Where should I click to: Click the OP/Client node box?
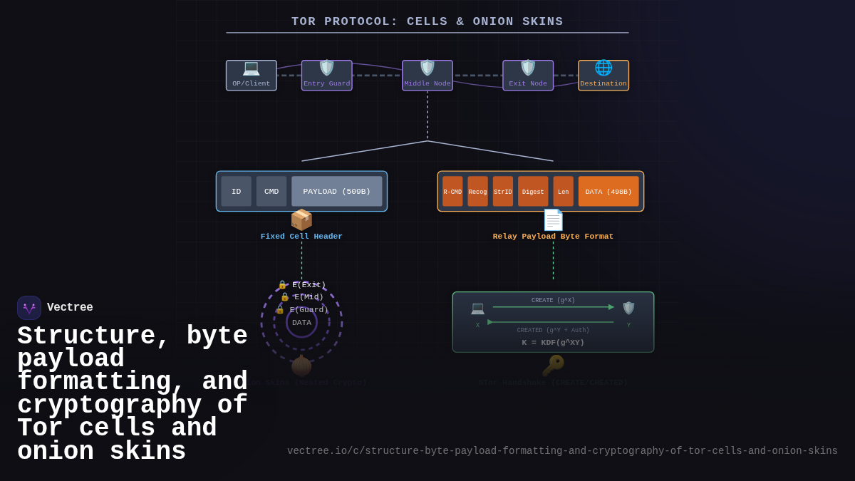click(251, 76)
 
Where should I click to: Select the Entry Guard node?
click(326, 76)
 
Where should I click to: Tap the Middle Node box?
click(427, 76)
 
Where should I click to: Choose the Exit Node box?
click(528, 76)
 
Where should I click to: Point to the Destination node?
click(603, 76)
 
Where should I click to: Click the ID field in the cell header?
click(236, 192)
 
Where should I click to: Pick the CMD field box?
click(271, 192)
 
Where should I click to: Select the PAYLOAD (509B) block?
click(336, 192)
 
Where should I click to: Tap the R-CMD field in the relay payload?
click(452, 192)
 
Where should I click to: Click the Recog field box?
click(477, 192)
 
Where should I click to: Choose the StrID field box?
click(503, 192)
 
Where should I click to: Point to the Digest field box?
click(533, 192)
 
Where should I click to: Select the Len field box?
click(563, 192)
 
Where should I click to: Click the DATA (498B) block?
click(608, 192)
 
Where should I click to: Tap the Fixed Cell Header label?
click(301, 237)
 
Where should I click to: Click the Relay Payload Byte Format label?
click(553, 237)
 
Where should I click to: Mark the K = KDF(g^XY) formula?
click(553, 343)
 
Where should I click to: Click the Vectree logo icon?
click(29, 308)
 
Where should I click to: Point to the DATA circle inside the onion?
click(301, 323)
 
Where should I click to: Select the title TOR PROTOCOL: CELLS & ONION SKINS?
click(427, 22)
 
